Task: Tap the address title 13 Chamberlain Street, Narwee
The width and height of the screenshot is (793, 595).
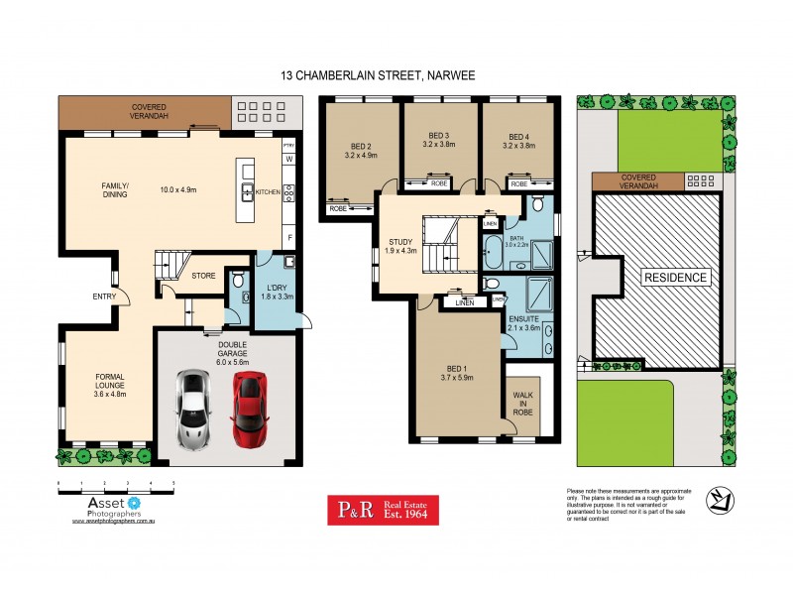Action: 396,74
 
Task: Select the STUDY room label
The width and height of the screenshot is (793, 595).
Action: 399,244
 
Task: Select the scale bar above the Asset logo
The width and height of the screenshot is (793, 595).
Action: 116,485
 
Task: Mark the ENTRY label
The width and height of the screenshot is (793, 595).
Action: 103,296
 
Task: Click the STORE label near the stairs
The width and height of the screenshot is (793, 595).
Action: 204,277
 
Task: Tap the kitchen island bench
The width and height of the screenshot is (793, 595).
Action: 247,189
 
